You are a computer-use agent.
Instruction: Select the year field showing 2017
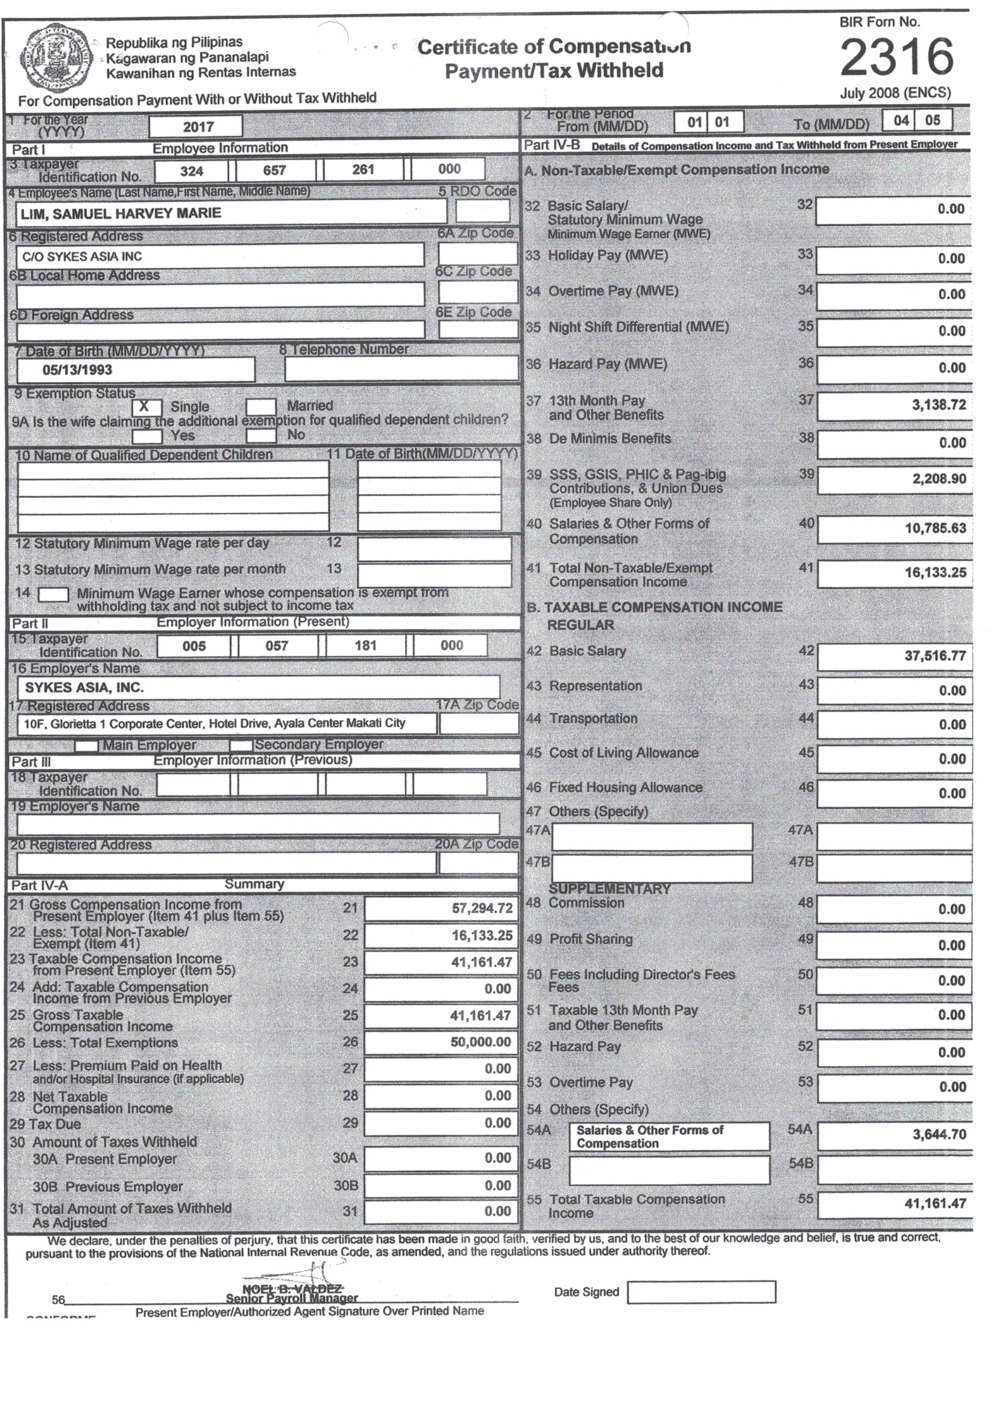pos(196,127)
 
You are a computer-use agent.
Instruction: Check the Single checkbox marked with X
pos(146,407)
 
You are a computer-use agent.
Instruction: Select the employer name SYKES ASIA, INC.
pos(84,687)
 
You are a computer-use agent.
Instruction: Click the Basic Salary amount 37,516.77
pos(935,656)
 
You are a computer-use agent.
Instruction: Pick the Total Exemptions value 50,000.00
pos(481,1042)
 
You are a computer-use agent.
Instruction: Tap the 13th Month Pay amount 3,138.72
pos(938,405)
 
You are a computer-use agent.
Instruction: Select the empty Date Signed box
pos(701,1292)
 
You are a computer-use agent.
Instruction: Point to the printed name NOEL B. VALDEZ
pos(292,1289)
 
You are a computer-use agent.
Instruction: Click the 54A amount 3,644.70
pos(938,1134)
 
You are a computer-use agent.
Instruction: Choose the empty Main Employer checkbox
pos(86,746)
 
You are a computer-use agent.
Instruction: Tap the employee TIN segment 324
pos(192,171)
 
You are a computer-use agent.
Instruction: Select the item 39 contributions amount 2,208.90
pos(938,479)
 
